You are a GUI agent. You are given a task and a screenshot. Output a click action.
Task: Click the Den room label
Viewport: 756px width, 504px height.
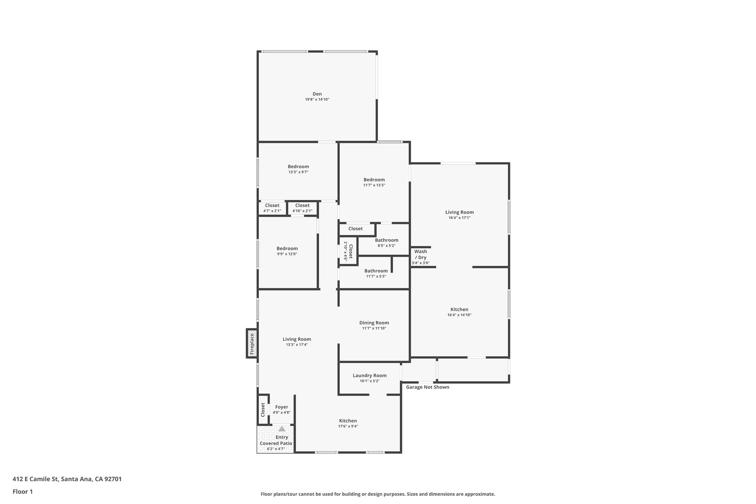click(317, 94)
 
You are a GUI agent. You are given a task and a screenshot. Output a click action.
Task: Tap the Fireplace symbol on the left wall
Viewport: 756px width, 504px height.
click(252, 344)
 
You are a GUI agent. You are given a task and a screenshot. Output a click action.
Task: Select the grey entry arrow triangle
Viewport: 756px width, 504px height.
click(282, 429)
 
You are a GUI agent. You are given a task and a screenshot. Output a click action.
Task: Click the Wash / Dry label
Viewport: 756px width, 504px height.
click(420, 254)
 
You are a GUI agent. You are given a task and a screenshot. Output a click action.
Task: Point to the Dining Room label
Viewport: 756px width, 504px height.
click(374, 323)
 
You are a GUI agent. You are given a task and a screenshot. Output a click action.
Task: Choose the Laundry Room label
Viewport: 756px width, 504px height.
click(370, 376)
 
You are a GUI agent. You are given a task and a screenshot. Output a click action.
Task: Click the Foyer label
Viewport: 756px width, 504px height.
click(282, 407)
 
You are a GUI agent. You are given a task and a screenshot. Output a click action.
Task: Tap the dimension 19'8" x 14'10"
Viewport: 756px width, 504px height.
click(317, 100)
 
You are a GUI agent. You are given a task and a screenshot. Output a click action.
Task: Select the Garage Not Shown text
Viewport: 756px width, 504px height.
click(427, 387)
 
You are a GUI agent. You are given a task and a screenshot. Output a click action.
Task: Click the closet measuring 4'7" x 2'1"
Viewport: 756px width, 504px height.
click(272, 208)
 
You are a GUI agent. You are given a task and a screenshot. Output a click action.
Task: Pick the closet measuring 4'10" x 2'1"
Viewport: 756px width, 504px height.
click(302, 208)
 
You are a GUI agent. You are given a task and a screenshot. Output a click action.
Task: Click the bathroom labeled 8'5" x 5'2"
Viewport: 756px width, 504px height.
click(386, 243)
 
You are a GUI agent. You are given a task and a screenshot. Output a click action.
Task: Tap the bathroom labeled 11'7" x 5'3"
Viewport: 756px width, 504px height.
click(376, 273)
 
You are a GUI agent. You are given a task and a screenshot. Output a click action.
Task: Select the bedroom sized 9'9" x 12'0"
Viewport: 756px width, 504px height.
click(287, 251)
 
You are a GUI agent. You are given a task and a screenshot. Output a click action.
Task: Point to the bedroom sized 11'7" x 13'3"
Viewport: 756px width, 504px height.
click(374, 182)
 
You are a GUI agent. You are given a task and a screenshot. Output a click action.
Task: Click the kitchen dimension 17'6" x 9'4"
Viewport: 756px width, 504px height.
click(348, 426)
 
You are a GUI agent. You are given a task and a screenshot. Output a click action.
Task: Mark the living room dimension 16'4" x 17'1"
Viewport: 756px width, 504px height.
click(459, 218)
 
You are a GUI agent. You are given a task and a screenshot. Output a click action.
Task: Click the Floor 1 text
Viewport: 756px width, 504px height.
click(23, 491)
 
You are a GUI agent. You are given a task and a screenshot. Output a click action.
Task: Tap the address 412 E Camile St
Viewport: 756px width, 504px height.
click(67, 479)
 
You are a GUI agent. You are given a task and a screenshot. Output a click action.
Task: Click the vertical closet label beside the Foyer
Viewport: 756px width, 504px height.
click(263, 410)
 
